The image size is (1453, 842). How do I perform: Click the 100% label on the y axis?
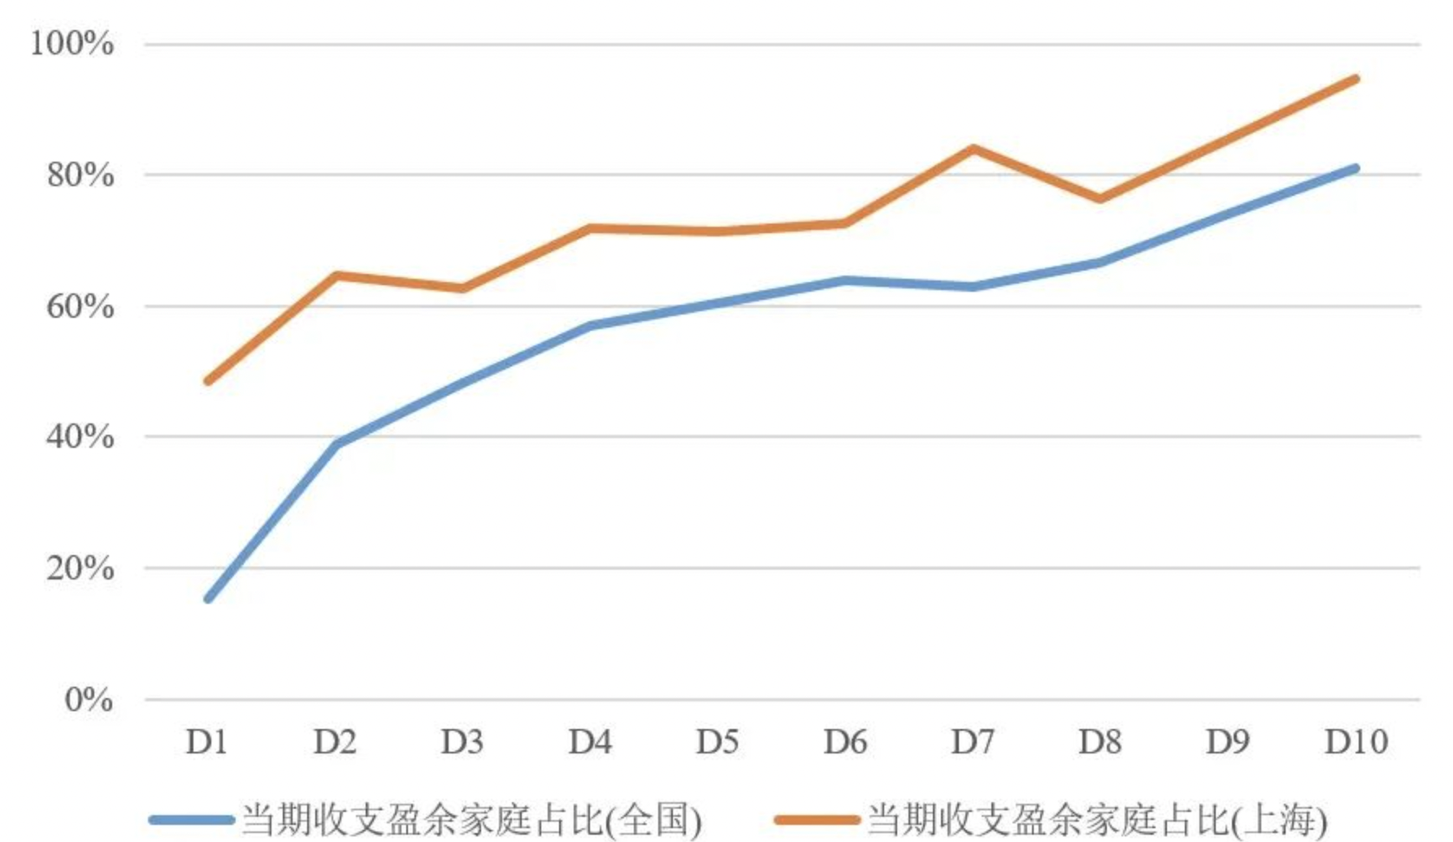click(x=72, y=43)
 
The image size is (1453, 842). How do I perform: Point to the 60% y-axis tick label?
click(x=80, y=306)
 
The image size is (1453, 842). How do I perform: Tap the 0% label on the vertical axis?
click(x=89, y=699)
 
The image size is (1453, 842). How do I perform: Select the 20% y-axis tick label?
click(x=80, y=568)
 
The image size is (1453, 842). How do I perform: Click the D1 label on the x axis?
click(x=207, y=742)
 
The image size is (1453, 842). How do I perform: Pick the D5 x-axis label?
click(x=718, y=742)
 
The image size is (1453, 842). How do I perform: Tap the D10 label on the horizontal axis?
click(x=1355, y=742)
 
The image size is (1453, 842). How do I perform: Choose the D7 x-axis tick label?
click(x=973, y=742)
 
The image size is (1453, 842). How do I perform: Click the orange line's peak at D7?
click(x=973, y=149)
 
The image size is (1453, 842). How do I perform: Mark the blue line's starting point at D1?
click(x=209, y=598)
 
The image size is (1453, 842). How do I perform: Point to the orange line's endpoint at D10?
click(x=1355, y=79)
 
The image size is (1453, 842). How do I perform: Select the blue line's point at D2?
click(x=336, y=443)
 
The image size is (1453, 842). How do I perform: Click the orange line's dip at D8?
click(x=1100, y=198)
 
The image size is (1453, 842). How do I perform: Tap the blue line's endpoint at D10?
click(x=1355, y=168)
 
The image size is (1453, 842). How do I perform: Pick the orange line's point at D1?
click(x=209, y=380)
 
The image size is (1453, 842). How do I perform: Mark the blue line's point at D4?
click(x=591, y=325)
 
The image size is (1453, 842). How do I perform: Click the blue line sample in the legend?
click(x=192, y=819)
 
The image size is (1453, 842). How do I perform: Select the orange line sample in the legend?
click(x=818, y=819)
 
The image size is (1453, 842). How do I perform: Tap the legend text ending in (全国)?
click(x=471, y=819)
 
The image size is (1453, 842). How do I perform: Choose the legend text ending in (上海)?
click(x=1097, y=819)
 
